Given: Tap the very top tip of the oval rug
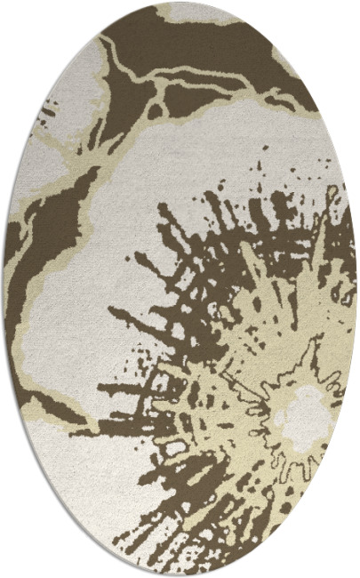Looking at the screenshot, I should pyautogui.click(x=180, y=3).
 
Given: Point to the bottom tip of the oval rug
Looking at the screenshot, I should pyautogui.click(x=180, y=575).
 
